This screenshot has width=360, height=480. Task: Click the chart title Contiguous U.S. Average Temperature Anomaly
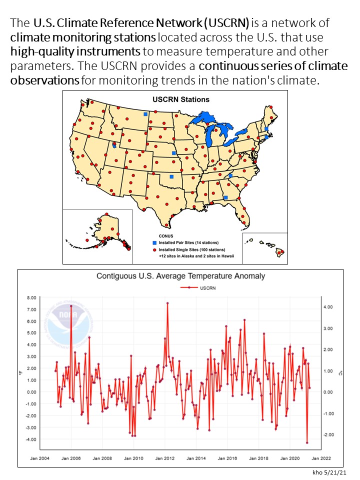coord(180,276)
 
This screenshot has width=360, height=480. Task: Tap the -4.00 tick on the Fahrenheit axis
coord(30,439)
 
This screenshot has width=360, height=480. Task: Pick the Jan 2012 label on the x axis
coord(165,457)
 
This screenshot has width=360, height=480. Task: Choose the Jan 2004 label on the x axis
coord(40,457)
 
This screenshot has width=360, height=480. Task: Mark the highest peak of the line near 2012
coord(167,303)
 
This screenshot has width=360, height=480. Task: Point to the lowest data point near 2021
coord(307,442)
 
